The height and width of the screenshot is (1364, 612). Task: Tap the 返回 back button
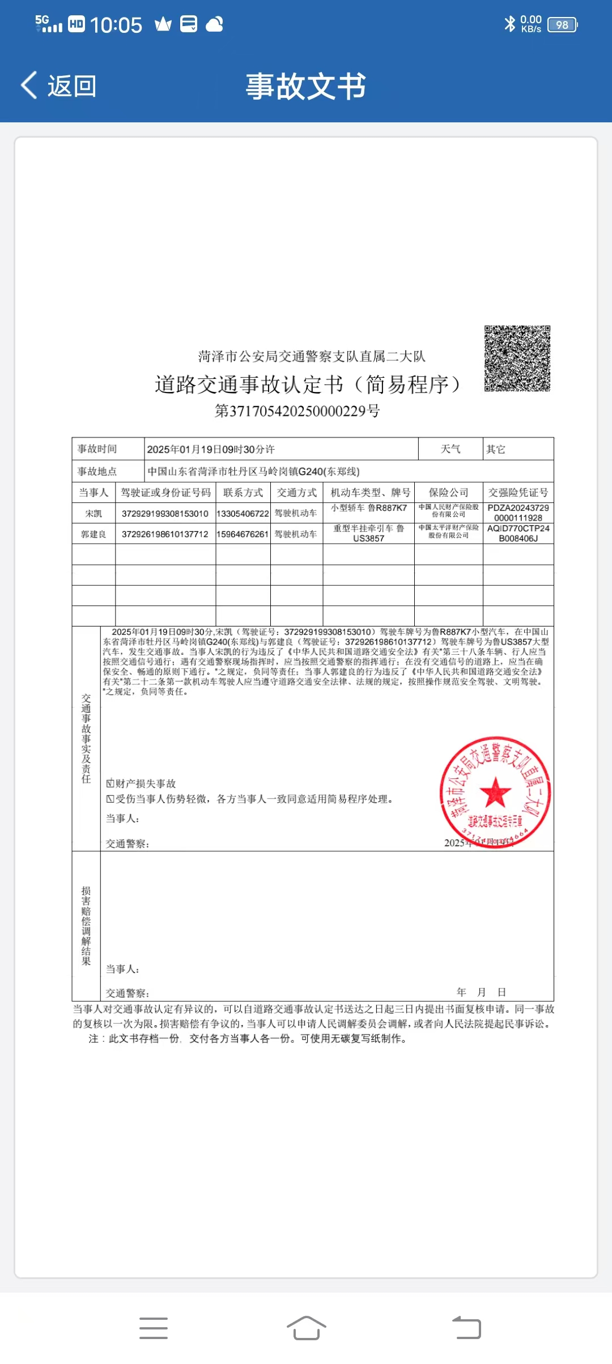59,86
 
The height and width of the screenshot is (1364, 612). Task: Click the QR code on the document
517,358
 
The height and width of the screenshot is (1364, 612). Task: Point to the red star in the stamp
495,792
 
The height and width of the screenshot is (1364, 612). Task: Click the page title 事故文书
306,87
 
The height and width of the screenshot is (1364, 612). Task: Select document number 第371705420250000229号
297,411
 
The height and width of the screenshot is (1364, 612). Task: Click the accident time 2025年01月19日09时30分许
211,449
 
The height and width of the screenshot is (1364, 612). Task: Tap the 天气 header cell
450,449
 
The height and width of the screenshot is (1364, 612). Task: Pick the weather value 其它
496,449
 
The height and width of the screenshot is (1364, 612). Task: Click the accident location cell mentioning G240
253,471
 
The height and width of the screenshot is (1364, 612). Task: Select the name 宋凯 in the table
93,513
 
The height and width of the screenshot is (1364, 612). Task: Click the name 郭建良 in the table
93,534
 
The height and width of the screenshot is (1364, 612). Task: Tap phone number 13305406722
243,513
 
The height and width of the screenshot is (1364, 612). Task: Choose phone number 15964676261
243,534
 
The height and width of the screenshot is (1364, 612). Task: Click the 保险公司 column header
448,492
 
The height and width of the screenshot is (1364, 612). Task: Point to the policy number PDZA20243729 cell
518,513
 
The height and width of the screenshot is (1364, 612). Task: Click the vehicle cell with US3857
368,534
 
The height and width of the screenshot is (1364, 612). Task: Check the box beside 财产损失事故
110,783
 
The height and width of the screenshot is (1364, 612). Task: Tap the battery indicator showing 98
562,25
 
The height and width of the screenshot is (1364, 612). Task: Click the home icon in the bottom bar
306,1328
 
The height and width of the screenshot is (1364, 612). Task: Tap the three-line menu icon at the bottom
154,1328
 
